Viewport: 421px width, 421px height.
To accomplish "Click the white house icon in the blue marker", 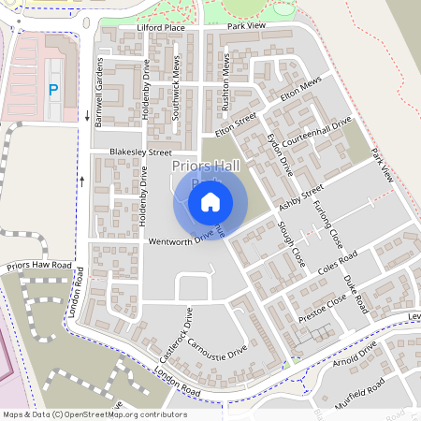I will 210,201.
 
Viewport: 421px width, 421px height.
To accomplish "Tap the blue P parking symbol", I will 53,90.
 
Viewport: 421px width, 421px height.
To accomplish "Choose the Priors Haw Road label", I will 38,267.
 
